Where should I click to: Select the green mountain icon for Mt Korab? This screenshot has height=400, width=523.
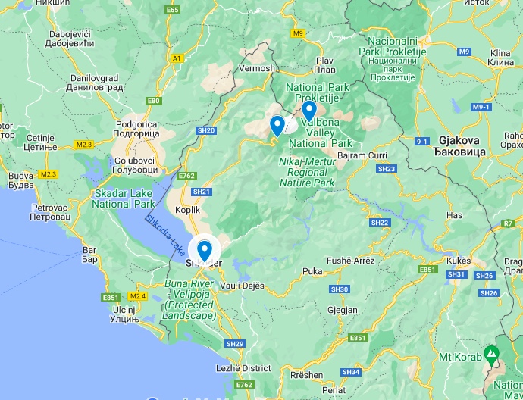[x=492, y=354]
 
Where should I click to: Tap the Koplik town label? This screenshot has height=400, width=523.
[x=187, y=209]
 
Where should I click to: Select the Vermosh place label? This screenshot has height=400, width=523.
[x=256, y=68]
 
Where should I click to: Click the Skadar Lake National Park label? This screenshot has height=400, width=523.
[x=124, y=198]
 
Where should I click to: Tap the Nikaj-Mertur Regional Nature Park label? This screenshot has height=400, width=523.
[x=307, y=171]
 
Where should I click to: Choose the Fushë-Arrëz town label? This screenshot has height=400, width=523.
[x=349, y=261]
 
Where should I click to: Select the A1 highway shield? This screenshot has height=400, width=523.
[x=177, y=58]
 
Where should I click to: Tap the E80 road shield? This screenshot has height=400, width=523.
[x=155, y=101]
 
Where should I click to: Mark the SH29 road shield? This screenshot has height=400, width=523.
[x=235, y=344]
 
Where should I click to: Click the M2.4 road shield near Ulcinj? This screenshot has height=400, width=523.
[x=137, y=296]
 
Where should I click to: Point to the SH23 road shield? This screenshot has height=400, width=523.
[x=386, y=169]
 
